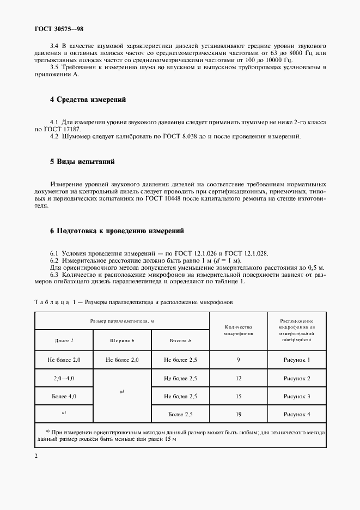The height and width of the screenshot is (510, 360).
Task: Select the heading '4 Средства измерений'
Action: pos(88,100)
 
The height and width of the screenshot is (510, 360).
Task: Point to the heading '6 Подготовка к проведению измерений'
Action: pos(117,231)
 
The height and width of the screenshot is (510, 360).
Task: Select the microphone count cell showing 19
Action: pos(238,415)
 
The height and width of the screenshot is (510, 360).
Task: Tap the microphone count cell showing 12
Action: pos(238,378)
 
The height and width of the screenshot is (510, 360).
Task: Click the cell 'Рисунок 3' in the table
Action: pos(296,396)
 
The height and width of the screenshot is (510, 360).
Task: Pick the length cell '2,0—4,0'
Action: pos(64,378)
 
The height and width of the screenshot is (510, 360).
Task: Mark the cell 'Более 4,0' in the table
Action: pos(64,396)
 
